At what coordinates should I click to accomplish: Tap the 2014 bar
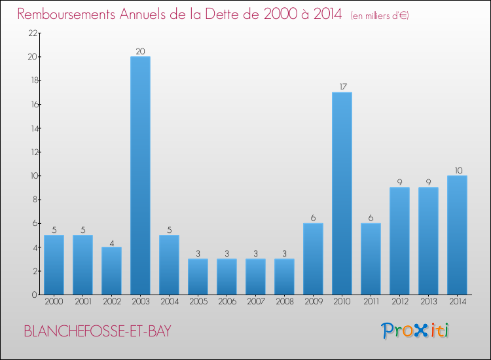457,235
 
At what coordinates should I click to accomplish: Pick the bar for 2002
111,270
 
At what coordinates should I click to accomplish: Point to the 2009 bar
313,259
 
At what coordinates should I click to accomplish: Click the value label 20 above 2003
140,51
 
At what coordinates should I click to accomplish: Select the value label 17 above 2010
342,86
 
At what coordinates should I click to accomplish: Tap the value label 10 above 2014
457,170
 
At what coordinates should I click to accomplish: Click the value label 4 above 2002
111,241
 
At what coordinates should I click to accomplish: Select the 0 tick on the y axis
32,295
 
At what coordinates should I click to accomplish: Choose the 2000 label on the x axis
54,302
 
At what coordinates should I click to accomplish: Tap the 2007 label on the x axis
255,302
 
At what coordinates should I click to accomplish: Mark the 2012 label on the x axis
399,302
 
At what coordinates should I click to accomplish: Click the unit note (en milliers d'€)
380,15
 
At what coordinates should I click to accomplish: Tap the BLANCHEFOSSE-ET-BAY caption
98,331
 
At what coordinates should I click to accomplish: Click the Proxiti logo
416,331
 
